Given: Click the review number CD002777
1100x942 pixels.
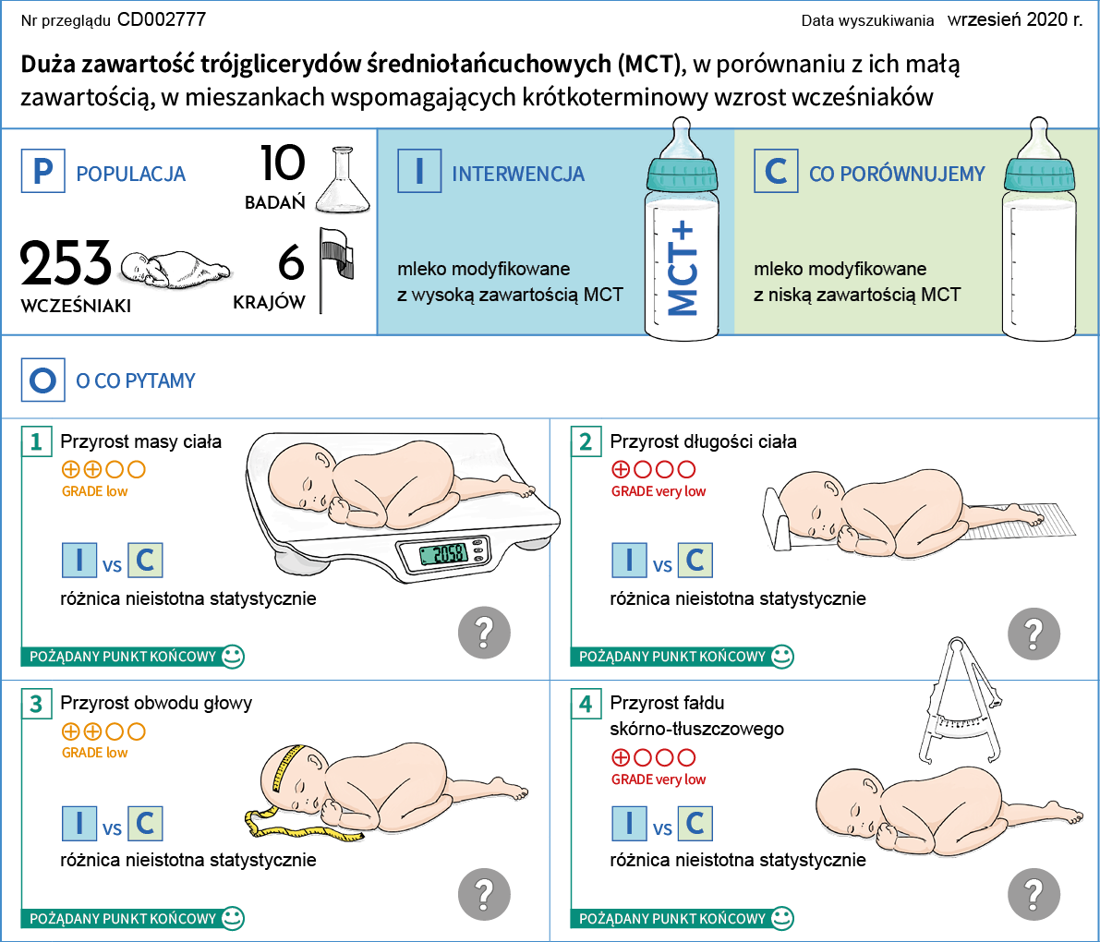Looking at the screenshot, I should [x=162, y=19].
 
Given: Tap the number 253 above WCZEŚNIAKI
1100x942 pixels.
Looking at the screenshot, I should [x=66, y=264].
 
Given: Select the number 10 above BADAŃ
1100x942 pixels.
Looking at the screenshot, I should [x=282, y=163].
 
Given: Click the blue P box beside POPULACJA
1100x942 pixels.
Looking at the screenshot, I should [x=42, y=172].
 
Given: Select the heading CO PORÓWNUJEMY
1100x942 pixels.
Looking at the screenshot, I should [x=897, y=174].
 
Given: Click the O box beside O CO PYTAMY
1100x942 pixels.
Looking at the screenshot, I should [x=42, y=380].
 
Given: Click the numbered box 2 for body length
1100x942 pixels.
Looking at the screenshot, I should [x=586, y=441].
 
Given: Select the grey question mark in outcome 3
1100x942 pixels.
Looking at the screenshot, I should [x=484, y=894].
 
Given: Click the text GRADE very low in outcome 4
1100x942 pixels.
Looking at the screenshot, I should [x=658, y=779].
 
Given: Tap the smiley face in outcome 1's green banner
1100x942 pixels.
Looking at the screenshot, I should [x=233, y=657].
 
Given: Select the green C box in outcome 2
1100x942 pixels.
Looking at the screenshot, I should [x=695, y=561].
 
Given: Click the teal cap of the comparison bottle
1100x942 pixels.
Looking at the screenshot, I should [x=1040, y=173].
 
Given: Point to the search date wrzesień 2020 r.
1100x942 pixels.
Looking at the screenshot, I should [x=1015, y=19].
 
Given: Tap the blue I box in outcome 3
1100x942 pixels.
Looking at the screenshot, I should [x=79, y=823].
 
